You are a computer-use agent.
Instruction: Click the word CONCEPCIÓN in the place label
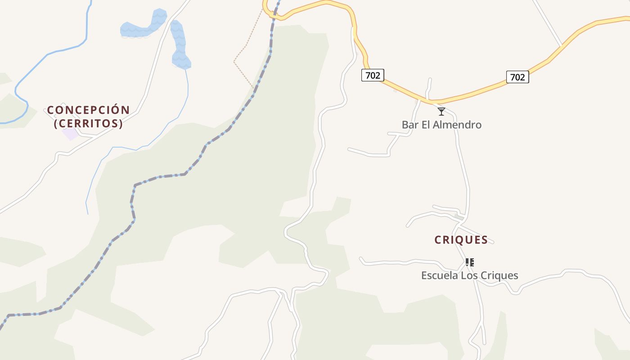pos(88,110)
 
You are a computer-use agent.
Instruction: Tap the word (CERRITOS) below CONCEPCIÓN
pos(88,123)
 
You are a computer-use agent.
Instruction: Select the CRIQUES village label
pos(461,240)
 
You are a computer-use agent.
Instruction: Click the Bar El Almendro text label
pos(441,125)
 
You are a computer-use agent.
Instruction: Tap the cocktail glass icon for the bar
pos(441,111)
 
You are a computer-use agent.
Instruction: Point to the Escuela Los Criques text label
pos(469,275)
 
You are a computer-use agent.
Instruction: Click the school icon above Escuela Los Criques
pos(469,262)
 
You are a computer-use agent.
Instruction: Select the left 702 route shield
pos(373,75)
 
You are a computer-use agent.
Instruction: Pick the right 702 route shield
pos(517,77)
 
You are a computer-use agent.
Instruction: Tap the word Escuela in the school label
pos(438,275)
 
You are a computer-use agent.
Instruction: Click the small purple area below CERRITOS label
pos(70,134)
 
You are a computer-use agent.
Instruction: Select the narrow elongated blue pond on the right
pos(180,45)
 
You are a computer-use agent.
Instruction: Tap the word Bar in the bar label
pos(409,125)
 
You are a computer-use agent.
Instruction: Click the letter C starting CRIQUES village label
pos(438,240)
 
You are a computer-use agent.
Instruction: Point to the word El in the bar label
pos(426,125)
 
